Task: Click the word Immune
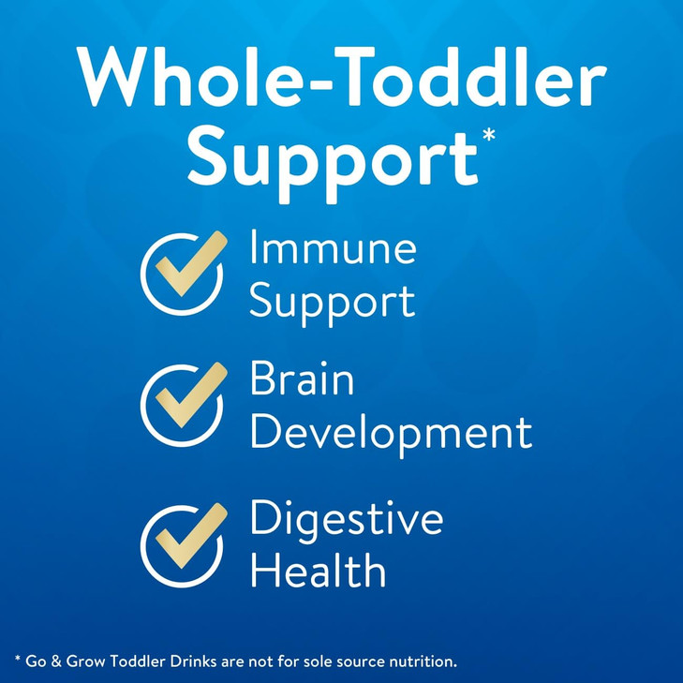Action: pos(333,250)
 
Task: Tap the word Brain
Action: pos(302,381)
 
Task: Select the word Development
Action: pos(391,434)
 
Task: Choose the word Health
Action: pos(318,571)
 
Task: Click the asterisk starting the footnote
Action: pos(18,660)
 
